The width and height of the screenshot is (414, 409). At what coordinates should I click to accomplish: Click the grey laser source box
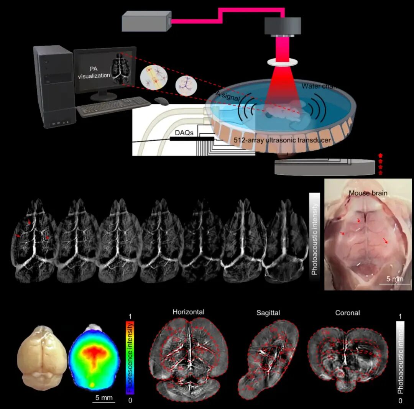click(146, 21)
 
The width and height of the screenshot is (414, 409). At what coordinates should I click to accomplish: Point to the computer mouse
click(161, 101)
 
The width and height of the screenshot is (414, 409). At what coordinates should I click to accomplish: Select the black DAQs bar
click(192, 138)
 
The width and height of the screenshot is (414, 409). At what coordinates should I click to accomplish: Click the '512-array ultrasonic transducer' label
click(282, 141)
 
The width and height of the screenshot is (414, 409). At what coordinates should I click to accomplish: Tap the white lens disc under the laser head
click(283, 61)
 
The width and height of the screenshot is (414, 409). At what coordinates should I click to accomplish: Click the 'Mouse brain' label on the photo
click(368, 193)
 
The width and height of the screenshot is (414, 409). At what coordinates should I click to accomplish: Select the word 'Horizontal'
click(188, 312)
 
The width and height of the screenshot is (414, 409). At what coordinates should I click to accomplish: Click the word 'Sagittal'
click(268, 313)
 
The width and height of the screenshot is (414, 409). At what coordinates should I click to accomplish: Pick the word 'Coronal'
click(347, 313)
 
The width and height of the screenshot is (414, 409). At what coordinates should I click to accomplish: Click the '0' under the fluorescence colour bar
click(130, 401)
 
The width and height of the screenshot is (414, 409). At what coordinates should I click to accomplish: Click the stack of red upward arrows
click(380, 164)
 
